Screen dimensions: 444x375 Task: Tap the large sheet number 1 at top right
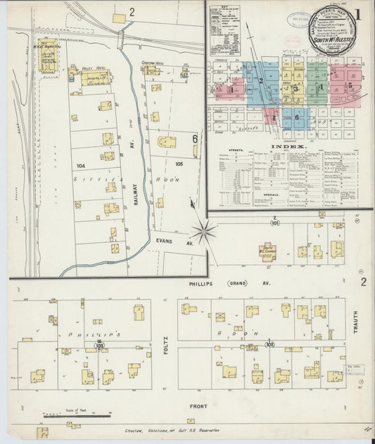(x=357, y=14)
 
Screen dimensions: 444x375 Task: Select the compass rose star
(x=205, y=228)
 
